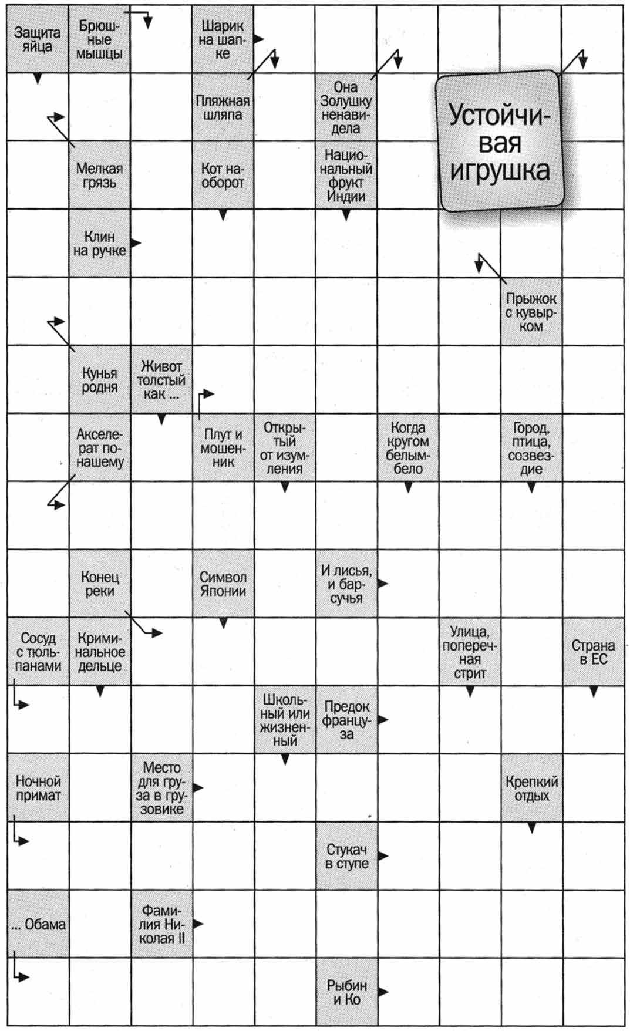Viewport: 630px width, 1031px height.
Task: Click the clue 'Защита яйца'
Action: pos(37,39)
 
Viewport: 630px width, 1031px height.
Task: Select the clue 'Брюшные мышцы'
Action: pos(99,39)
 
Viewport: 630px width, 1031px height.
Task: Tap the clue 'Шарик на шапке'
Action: pos(223,39)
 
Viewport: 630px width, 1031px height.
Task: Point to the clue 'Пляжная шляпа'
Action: pos(223,107)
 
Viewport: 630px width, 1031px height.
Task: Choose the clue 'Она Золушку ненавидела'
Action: pos(346,107)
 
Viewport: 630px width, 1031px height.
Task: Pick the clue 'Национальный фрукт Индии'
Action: pos(346,175)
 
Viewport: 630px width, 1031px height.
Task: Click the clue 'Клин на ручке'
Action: pos(99,243)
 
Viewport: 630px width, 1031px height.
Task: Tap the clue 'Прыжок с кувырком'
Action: pos(531,312)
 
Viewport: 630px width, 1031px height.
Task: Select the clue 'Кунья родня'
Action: pos(99,380)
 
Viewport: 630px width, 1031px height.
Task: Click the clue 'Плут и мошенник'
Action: pos(223,448)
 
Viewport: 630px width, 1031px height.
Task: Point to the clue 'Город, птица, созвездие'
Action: pos(531,448)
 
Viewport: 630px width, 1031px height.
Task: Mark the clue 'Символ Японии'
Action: pos(223,584)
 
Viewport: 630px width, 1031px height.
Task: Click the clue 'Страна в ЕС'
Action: pos(593,652)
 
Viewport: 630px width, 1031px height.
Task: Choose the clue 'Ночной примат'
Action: pos(37,788)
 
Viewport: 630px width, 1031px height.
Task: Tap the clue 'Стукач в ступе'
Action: pos(346,856)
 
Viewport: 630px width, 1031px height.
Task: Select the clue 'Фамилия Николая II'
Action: pos(161,924)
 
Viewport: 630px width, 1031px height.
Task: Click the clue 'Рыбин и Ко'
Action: pos(346,992)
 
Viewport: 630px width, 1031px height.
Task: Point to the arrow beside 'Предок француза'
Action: pos(383,719)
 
